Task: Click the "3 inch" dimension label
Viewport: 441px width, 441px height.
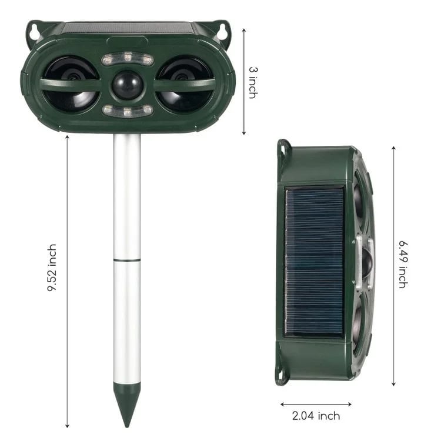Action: point(253,82)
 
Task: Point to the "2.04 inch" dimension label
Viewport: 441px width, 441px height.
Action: point(316,416)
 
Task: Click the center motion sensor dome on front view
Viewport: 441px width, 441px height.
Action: point(128,85)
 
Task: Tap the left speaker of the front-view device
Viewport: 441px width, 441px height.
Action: point(71,84)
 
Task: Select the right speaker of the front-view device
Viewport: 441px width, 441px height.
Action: point(185,84)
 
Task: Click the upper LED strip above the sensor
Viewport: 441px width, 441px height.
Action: point(128,59)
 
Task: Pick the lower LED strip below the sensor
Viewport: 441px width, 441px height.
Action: point(128,110)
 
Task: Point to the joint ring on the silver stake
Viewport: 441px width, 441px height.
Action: point(127,259)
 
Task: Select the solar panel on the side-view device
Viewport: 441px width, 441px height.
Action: point(315,262)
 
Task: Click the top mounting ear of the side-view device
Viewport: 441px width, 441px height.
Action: point(283,148)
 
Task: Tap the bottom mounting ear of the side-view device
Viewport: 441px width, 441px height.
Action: point(282,376)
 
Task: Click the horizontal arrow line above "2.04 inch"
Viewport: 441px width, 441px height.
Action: point(316,404)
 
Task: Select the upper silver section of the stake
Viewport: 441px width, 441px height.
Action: point(127,197)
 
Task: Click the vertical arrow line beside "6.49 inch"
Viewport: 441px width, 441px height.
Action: point(393,265)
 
